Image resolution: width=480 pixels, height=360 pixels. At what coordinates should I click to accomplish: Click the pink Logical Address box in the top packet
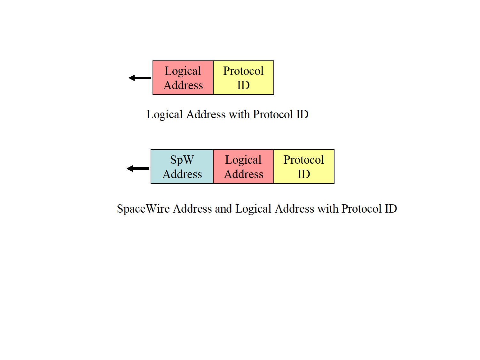pyautogui.click(x=183, y=78)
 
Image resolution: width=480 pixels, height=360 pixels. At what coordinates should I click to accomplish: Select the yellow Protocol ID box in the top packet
pyautogui.click(x=243, y=78)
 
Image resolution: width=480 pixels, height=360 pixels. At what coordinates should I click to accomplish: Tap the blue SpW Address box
pyautogui.click(x=182, y=167)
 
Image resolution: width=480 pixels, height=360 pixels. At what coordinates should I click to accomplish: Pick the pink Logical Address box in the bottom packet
pyautogui.click(x=243, y=167)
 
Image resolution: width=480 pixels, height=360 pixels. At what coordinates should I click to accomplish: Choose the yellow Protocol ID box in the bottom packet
pyautogui.click(x=304, y=167)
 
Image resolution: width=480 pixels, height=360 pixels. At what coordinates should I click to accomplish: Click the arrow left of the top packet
pyautogui.click(x=140, y=78)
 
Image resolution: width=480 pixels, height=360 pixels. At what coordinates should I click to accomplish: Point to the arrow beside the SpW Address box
pyautogui.click(x=138, y=168)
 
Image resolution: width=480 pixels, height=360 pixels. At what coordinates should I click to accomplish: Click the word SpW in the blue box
pyautogui.click(x=182, y=160)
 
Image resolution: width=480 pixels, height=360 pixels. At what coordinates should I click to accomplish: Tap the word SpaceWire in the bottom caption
pyautogui.click(x=143, y=209)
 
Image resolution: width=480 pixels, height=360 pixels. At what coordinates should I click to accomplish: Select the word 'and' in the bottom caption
pyautogui.click(x=223, y=209)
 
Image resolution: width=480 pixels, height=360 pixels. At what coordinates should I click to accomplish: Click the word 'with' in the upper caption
pyautogui.click(x=239, y=114)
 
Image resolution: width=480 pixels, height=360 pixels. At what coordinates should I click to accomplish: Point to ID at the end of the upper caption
pyautogui.click(x=302, y=114)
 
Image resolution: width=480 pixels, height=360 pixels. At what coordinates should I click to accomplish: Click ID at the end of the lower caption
pyautogui.click(x=391, y=209)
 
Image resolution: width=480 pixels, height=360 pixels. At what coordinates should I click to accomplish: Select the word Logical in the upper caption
pyautogui.click(x=164, y=114)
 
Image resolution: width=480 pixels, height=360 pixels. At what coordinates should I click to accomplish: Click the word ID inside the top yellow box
pyautogui.click(x=243, y=85)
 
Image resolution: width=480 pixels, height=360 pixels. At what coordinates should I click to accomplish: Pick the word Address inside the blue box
pyautogui.click(x=182, y=174)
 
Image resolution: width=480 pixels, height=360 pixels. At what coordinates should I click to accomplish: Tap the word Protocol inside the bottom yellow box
pyautogui.click(x=304, y=160)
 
